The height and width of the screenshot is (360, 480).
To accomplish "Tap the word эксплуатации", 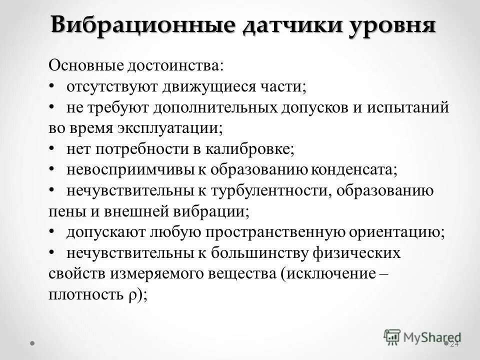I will (169, 128).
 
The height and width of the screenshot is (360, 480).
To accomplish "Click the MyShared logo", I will (422, 337).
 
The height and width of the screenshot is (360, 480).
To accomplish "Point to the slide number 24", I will (454, 344).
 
